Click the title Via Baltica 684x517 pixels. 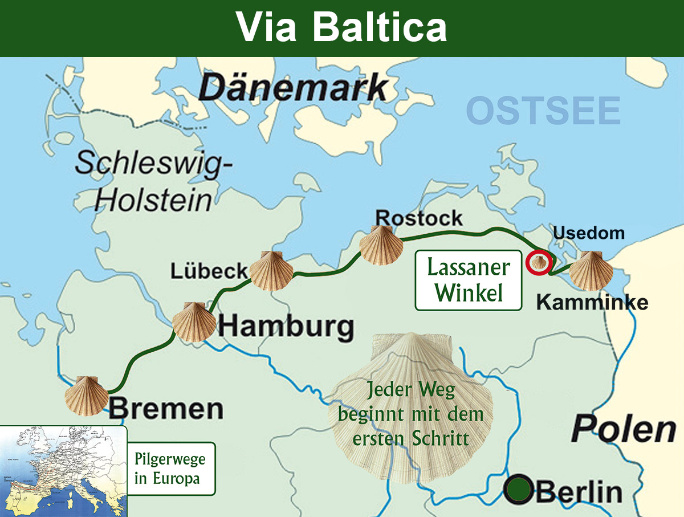pyautogui.click(x=341, y=27)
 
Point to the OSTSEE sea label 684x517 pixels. pyautogui.click(x=543, y=111)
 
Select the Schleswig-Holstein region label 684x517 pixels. pyautogui.click(x=154, y=181)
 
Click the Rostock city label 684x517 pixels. pyautogui.click(x=419, y=218)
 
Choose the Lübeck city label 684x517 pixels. pyautogui.click(x=209, y=271)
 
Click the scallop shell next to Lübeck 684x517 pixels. pyautogui.click(x=271, y=271)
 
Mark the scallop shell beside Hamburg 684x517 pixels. pyautogui.click(x=194, y=322)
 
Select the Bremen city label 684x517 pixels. pyautogui.click(x=166, y=409)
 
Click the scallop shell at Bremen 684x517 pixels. pyautogui.click(x=86, y=394)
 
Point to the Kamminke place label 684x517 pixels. pyautogui.click(x=592, y=303)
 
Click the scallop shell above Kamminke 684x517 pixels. pyautogui.click(x=591, y=270)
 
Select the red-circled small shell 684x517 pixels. pyautogui.click(x=539, y=262)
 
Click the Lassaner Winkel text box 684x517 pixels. pyautogui.click(x=469, y=280)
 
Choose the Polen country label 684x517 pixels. pyautogui.click(x=624, y=429)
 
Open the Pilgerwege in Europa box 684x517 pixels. pyautogui.click(x=171, y=469)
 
